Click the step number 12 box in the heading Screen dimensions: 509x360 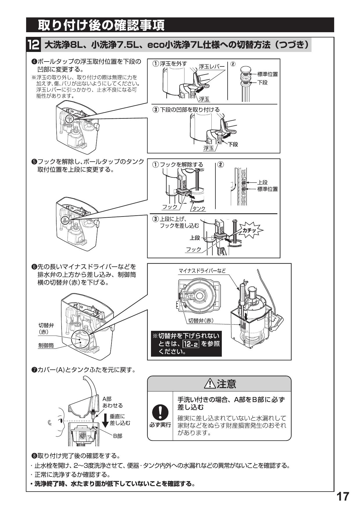point(33,45)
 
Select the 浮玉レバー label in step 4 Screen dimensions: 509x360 point(212,66)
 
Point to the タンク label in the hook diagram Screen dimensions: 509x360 point(199,209)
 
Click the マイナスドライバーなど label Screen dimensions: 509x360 point(202,271)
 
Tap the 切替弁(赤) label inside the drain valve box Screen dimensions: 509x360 point(201,320)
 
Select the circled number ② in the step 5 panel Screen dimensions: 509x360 point(221,165)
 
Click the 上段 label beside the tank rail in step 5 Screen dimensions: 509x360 point(262,183)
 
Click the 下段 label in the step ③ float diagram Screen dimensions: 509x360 point(233,144)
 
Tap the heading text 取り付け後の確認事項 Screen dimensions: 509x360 point(101,25)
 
